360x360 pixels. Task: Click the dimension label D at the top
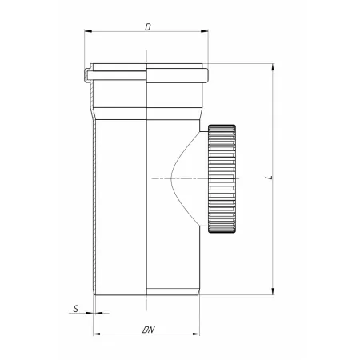point(148,27)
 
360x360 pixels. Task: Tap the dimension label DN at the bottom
point(148,330)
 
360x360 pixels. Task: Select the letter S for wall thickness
point(76,309)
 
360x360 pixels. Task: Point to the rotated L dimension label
point(270,177)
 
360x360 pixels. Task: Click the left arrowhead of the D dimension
point(88,31)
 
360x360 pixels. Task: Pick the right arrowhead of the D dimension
point(204,31)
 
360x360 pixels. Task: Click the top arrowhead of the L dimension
point(273,67)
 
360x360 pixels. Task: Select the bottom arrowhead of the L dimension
point(273,291)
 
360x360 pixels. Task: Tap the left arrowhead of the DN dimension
point(97,334)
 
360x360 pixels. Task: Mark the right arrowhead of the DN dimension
point(196,334)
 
